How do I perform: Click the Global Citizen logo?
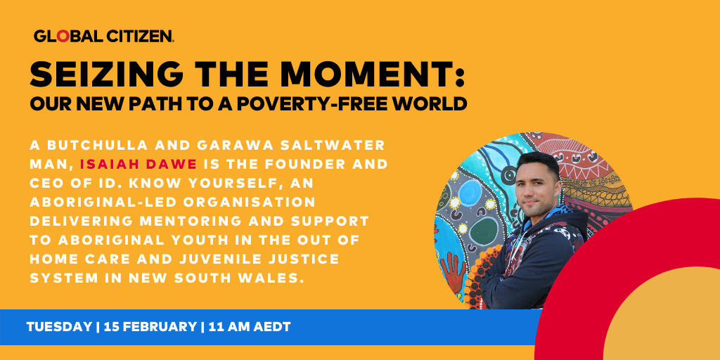click(103, 36)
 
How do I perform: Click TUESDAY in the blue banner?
click(59, 327)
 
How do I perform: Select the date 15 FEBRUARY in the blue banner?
click(150, 327)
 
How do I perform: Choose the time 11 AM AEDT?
click(250, 327)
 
